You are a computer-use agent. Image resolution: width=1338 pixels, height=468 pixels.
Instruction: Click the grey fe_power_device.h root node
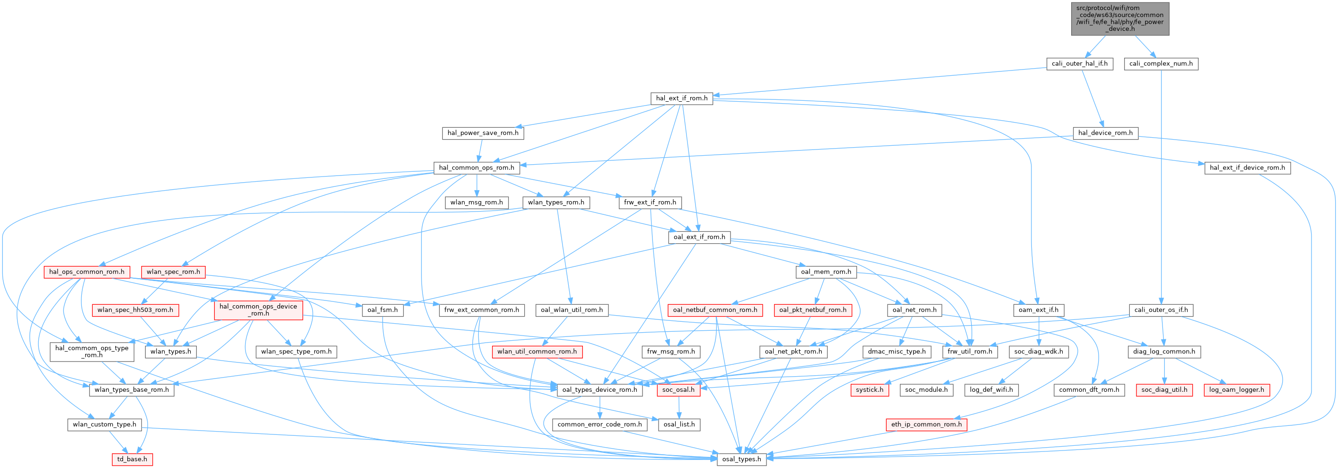pyautogui.click(x=1120, y=19)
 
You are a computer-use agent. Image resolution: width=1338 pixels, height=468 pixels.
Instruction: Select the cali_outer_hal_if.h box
pyautogui.click(x=1079, y=64)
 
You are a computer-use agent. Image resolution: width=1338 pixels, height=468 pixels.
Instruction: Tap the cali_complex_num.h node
pyautogui.click(x=1161, y=64)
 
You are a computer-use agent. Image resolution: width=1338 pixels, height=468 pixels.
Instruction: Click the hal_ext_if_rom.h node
pyautogui.click(x=681, y=98)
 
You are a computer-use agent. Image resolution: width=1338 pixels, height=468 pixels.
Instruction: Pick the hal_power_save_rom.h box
pyautogui.click(x=483, y=133)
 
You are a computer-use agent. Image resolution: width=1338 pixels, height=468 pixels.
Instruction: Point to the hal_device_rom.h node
pyautogui.click(x=1105, y=133)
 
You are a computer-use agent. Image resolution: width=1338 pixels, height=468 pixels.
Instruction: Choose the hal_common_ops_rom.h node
pyautogui.click(x=476, y=168)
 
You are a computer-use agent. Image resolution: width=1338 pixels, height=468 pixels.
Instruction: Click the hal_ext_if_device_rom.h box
pyautogui.click(x=1247, y=168)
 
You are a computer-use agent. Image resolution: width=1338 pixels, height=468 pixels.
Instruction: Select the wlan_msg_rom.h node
pyautogui.click(x=476, y=203)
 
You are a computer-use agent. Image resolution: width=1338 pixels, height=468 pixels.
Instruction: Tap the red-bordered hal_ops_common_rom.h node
pyautogui.click(x=87, y=272)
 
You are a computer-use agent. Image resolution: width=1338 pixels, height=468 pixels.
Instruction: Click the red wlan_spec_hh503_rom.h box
pyautogui.click(x=136, y=310)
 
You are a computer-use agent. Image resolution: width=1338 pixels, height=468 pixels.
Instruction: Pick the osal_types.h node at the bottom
pyautogui.click(x=741, y=459)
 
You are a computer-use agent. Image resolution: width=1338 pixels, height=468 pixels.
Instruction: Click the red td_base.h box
pyautogui.click(x=132, y=459)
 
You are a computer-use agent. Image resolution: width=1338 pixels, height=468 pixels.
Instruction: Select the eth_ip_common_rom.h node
pyautogui.click(x=926, y=424)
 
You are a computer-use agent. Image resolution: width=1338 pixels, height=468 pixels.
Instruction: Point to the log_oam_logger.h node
pyautogui.click(x=1236, y=389)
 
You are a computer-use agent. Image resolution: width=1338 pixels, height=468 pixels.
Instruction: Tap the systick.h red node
pyautogui.click(x=870, y=389)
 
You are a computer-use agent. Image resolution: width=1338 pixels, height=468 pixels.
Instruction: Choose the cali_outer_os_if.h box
pyautogui.click(x=1161, y=310)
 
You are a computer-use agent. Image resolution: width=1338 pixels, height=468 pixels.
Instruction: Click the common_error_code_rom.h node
pyautogui.click(x=599, y=424)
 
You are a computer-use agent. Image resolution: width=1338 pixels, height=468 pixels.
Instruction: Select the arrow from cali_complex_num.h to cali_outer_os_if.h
pyautogui.click(x=1161, y=187)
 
